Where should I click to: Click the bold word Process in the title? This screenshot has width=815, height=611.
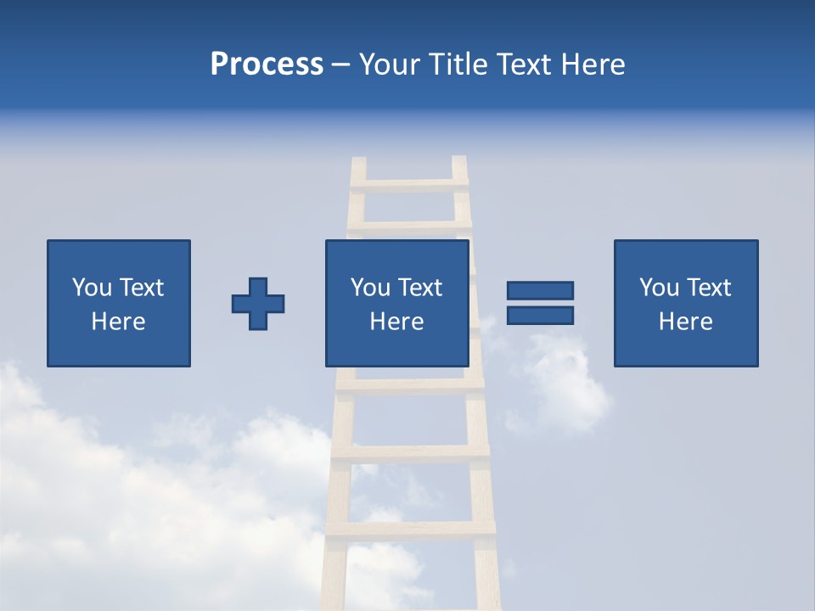[x=267, y=64]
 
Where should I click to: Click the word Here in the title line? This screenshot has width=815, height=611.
[x=593, y=64]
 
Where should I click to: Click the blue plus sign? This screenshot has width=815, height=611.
[x=258, y=304]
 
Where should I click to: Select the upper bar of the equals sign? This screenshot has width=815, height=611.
[x=540, y=290]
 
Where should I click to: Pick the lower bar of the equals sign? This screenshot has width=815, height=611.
[x=540, y=315]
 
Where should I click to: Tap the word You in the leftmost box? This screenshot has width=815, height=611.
[x=92, y=288]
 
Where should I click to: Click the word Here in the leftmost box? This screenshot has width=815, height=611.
[x=118, y=322]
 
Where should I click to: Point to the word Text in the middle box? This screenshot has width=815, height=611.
[x=420, y=288]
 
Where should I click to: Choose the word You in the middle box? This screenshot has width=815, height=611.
[x=370, y=288]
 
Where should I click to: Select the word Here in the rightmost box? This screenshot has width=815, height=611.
[x=685, y=322]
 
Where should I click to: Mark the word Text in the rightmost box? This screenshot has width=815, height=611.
[x=709, y=288]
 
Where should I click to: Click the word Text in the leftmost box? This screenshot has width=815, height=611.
[x=142, y=288]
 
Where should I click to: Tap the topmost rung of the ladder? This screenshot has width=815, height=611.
[x=408, y=184]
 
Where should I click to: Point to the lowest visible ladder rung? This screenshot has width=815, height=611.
[x=410, y=528]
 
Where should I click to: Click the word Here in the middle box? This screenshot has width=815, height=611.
[x=396, y=322]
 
